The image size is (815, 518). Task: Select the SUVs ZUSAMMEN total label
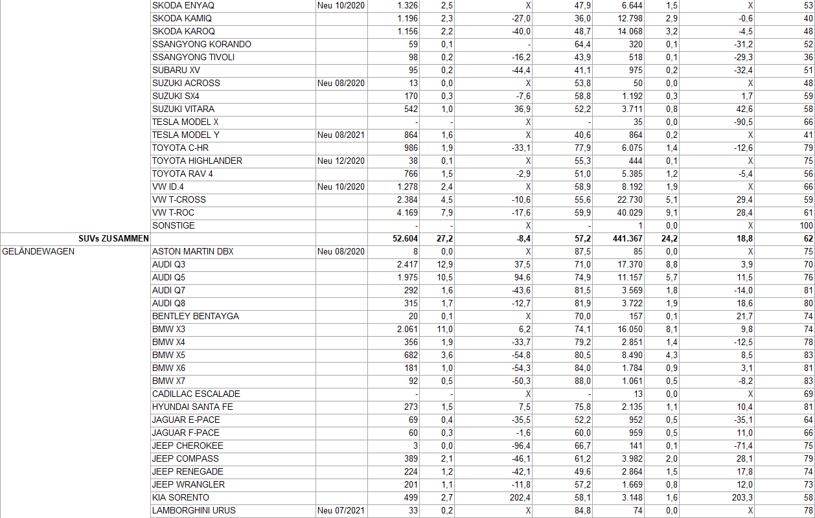(114, 238)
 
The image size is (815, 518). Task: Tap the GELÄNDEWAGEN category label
(39, 251)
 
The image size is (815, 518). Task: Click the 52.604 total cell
(405, 238)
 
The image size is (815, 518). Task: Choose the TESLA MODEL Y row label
(185, 135)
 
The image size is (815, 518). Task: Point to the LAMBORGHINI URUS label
(194, 510)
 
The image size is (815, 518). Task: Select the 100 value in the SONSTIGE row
(805, 225)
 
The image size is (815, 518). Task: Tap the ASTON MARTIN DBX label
(192, 251)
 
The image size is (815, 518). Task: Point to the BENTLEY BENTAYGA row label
(195, 316)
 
